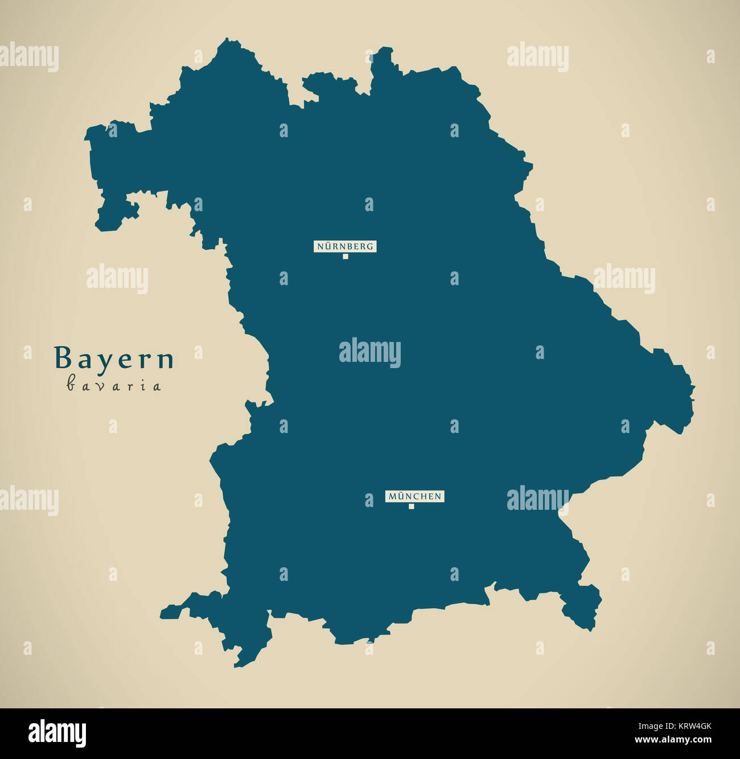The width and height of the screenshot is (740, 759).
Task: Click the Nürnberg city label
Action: click(345, 246)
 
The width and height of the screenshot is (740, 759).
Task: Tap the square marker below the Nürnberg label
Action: click(345, 257)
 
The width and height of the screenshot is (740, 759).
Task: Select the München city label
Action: click(414, 496)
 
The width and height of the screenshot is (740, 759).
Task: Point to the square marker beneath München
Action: click(411, 506)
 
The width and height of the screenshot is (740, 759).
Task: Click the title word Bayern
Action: click(114, 359)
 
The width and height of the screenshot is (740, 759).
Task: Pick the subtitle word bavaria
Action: click(114, 386)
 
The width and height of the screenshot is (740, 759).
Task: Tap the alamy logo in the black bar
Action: click(57, 733)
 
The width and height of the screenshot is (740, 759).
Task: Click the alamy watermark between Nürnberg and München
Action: click(370, 353)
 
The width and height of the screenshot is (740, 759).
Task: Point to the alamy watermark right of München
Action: click(537, 499)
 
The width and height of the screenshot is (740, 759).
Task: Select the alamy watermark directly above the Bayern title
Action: click(117, 279)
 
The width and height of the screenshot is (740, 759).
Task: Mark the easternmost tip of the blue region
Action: click(694, 387)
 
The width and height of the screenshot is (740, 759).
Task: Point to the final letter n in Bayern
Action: click(166, 360)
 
